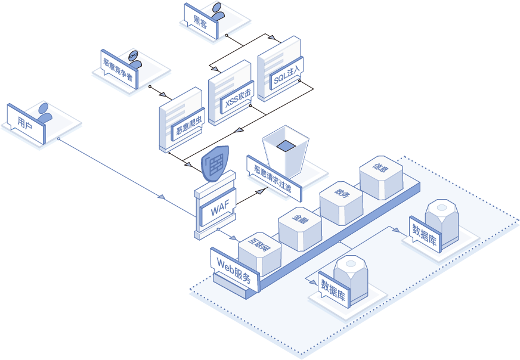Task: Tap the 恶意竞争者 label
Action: pyautogui.click(x=116, y=69)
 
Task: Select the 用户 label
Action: pyautogui.click(x=26, y=123)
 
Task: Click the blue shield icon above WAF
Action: pyautogui.click(x=215, y=163)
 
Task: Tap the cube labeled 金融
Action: pyautogui.click(x=300, y=222)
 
